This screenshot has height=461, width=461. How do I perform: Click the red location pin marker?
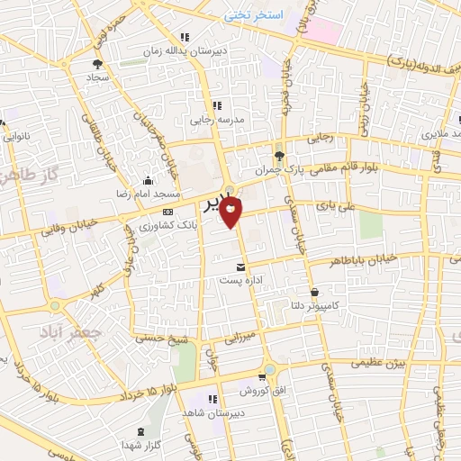[232, 213]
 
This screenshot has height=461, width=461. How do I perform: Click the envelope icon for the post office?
[240, 267]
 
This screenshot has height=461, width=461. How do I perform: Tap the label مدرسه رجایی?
[212, 119]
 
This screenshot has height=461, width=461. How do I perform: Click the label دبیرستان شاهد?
[208, 411]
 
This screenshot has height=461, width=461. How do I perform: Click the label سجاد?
[97, 77]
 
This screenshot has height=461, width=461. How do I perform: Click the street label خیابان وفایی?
[62, 229]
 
